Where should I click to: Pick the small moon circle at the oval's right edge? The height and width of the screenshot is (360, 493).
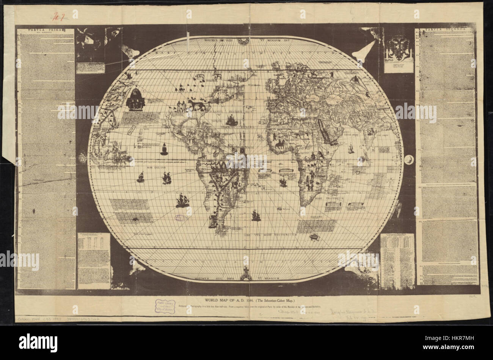408,160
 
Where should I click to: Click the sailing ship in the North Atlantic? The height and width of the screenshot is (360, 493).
232,121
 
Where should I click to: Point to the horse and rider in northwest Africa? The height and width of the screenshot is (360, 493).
281,144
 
